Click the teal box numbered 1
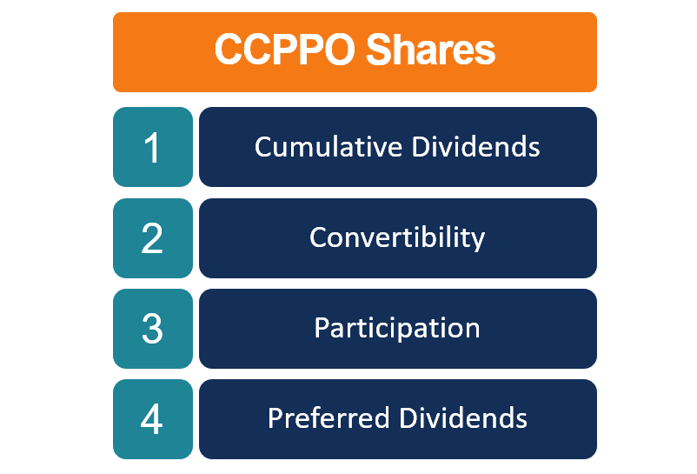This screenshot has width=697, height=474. coord(152,146)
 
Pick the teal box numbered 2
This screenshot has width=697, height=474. coord(152,238)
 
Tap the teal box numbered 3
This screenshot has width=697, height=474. coord(152,329)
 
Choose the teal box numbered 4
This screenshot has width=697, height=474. coord(152,419)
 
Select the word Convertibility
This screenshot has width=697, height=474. coord(397,237)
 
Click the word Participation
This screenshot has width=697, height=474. coord(397,329)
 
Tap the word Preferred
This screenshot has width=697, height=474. coord(329,418)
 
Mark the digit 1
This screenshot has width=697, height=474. coord(153,148)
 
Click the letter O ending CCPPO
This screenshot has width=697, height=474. coord(338,50)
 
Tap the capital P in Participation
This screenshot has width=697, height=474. coord(321,329)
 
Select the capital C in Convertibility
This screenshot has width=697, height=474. coord(317,237)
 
